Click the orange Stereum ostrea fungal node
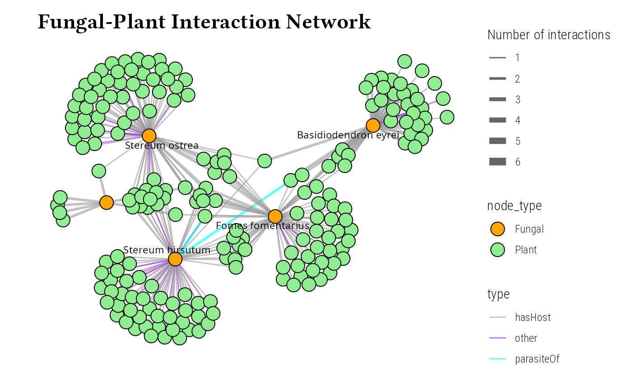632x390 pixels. point(149,135)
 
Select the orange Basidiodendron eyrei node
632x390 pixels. point(373,125)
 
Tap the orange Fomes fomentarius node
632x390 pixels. point(275,216)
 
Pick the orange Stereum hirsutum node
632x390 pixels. point(175,259)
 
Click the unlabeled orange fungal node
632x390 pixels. point(106,202)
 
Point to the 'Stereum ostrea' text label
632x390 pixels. point(162,146)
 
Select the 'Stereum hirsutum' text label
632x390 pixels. point(167,250)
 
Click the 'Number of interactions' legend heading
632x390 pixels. point(549,35)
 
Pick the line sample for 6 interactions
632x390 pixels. point(497,162)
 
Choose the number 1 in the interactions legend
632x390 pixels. point(517,58)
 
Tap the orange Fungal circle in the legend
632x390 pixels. point(497,229)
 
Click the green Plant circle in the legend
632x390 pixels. point(497,250)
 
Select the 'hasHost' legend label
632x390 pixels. point(533,317)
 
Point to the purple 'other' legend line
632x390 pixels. point(497,338)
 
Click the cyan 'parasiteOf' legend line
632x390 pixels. point(497,359)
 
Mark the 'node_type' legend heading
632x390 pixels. point(515,206)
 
